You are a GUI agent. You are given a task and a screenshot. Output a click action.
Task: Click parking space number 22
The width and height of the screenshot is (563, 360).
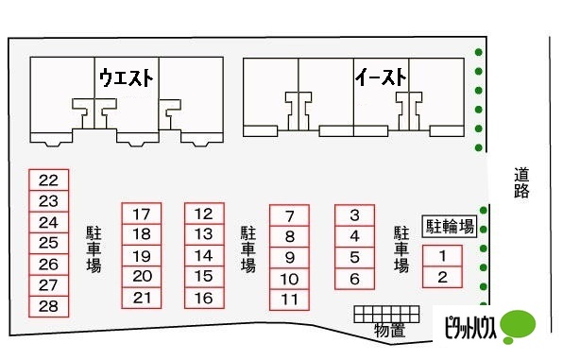49,180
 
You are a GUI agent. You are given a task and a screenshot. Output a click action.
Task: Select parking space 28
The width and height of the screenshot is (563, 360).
49,306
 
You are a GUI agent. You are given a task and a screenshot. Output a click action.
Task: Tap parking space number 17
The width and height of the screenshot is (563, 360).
142,214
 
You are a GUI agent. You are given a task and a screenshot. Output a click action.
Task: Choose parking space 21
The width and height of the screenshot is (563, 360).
142,298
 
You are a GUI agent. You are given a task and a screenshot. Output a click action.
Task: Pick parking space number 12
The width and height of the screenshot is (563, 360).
203,214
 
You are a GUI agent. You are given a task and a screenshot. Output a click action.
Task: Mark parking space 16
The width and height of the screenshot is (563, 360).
203,298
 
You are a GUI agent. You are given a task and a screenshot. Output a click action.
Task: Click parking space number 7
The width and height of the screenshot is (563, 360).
290,215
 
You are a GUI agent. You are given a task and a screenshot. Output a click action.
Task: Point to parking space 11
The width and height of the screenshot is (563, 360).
290,300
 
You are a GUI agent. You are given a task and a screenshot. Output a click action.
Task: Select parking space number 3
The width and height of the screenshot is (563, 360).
355,215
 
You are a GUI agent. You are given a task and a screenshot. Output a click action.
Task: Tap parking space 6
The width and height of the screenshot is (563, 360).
355,279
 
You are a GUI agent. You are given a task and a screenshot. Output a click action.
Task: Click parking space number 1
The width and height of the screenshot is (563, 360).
441,255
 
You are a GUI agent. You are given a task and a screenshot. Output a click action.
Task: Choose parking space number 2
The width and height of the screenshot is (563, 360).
441,277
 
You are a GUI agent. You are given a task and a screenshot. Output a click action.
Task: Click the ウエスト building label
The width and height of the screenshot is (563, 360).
128,75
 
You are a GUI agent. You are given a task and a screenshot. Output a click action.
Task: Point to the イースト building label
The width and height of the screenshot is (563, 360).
381,75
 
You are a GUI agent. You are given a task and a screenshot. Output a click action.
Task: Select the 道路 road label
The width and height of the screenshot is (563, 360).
522,182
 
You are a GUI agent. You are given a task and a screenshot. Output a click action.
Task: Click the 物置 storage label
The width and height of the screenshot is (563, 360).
389,330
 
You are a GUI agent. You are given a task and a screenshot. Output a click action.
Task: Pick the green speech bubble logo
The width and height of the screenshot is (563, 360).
517,325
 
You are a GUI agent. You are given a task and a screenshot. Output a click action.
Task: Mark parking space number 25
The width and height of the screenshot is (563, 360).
49,243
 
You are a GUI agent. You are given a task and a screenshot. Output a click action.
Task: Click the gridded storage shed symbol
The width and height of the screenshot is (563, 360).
385,313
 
